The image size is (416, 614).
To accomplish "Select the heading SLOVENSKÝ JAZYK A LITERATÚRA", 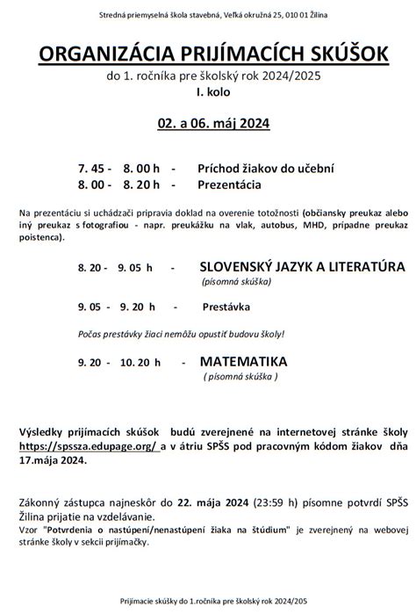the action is point(302,266).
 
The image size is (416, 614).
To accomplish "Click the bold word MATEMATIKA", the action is point(246,361).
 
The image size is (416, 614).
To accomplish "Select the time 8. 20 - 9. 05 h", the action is point(115,267).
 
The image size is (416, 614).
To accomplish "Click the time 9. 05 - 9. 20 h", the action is point(115,307).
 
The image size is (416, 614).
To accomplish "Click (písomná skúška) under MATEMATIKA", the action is point(240,376).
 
